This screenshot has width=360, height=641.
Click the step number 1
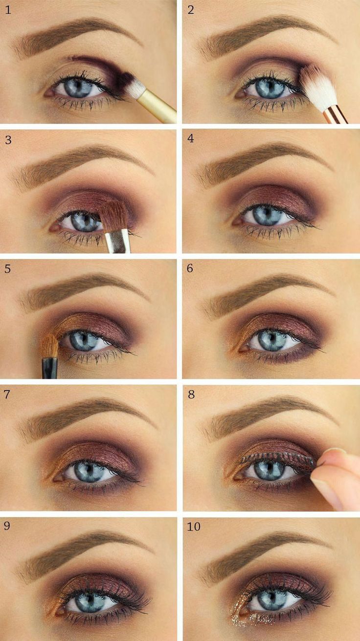pos(8,10)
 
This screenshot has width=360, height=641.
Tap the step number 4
pos(191,138)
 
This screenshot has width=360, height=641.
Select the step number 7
pos(7,395)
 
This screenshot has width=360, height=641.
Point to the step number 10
pos(194,526)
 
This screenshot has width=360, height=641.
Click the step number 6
pos(190,268)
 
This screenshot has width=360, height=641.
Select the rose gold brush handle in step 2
pos(335,115)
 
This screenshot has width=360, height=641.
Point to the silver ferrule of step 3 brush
pos(118,242)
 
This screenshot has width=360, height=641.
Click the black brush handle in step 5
pos(49,367)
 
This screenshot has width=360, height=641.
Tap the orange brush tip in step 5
pos(51,346)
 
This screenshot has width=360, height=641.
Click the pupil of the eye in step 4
pos(267,214)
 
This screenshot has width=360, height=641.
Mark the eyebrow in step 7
pos(86,417)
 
